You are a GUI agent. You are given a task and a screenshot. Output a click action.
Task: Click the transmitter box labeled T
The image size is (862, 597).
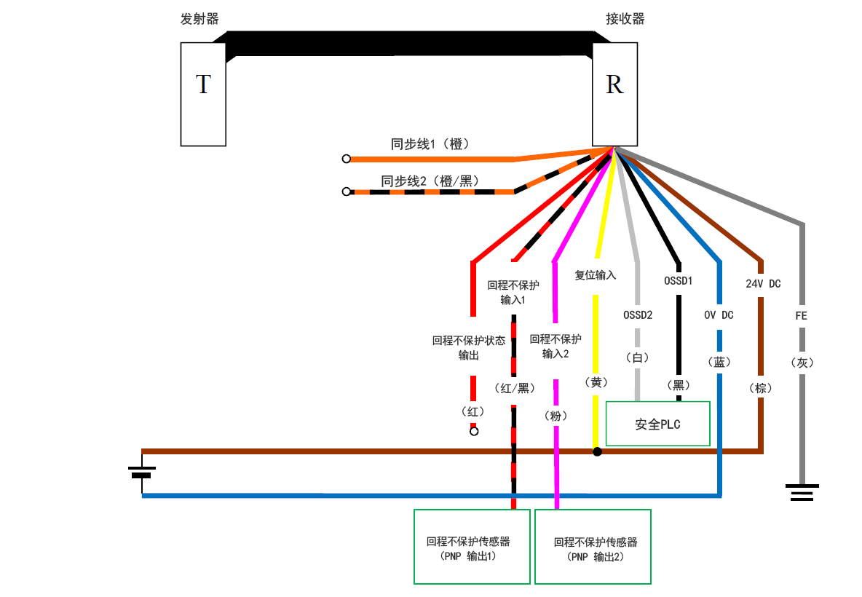coord(203,94)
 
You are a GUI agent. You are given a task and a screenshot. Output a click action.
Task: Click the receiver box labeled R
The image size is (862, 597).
coord(614,94)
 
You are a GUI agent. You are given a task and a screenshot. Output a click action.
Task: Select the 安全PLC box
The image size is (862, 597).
coord(657,424)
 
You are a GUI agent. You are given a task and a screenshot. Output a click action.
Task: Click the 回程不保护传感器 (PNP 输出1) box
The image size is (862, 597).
coord(472,547)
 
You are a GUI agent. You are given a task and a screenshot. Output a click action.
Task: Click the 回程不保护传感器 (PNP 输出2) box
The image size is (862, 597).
coord(593,547)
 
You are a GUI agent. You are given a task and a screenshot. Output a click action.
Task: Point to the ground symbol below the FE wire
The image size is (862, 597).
coord(802,492)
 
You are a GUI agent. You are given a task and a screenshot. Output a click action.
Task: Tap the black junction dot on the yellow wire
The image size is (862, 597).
coord(597,451)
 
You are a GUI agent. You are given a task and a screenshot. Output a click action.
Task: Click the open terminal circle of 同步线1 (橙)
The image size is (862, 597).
coord(347,159)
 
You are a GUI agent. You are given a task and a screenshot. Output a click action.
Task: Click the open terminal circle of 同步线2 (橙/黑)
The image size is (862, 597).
coord(347,192)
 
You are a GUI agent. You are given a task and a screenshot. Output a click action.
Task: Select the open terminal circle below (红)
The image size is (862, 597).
coord(474,432)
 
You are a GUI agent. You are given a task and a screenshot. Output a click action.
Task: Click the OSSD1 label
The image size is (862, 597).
coord(678,280)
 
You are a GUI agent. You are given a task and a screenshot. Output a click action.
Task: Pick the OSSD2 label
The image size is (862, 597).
coord(638,315)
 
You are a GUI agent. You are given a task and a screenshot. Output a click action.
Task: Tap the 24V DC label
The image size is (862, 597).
coord(762,284)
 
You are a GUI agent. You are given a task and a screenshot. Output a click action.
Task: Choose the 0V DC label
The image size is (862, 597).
coord(719,315)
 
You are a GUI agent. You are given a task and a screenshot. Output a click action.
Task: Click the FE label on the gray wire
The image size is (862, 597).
coord(802,316)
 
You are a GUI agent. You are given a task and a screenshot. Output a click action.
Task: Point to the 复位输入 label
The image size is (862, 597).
coord(596,275)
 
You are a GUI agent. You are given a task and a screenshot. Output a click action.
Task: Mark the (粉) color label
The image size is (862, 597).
coord(555,416)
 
